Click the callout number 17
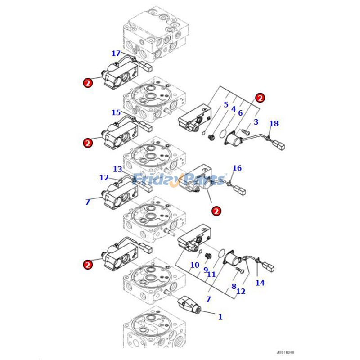116,54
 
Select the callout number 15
116,112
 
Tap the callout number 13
117,169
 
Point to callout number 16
237,168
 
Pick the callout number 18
274,123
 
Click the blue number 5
225,105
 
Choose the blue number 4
233,109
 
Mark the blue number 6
240,113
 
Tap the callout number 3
256,122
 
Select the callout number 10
194,265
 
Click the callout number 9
205,270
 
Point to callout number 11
211,274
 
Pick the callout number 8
234,286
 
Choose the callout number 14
260,283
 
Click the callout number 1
220,316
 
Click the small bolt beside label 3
245,131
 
